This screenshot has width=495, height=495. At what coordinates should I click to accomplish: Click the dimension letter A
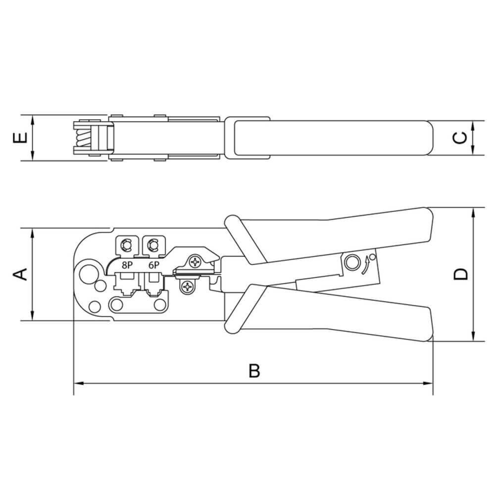coord(20,274)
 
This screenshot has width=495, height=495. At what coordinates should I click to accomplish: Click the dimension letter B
coord(254,371)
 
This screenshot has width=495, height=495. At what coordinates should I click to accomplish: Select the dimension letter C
coord(460,138)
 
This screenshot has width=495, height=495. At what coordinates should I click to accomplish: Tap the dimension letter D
coord(460,274)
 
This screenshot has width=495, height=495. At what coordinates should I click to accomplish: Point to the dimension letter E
coord(20,138)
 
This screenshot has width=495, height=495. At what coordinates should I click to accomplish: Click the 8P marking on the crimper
coord(127,265)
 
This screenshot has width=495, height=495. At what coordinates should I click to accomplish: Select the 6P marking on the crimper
coord(154,265)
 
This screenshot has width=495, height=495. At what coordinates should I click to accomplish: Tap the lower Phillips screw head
coord(188,287)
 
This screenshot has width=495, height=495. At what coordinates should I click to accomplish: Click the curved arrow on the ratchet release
coord(366,265)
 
